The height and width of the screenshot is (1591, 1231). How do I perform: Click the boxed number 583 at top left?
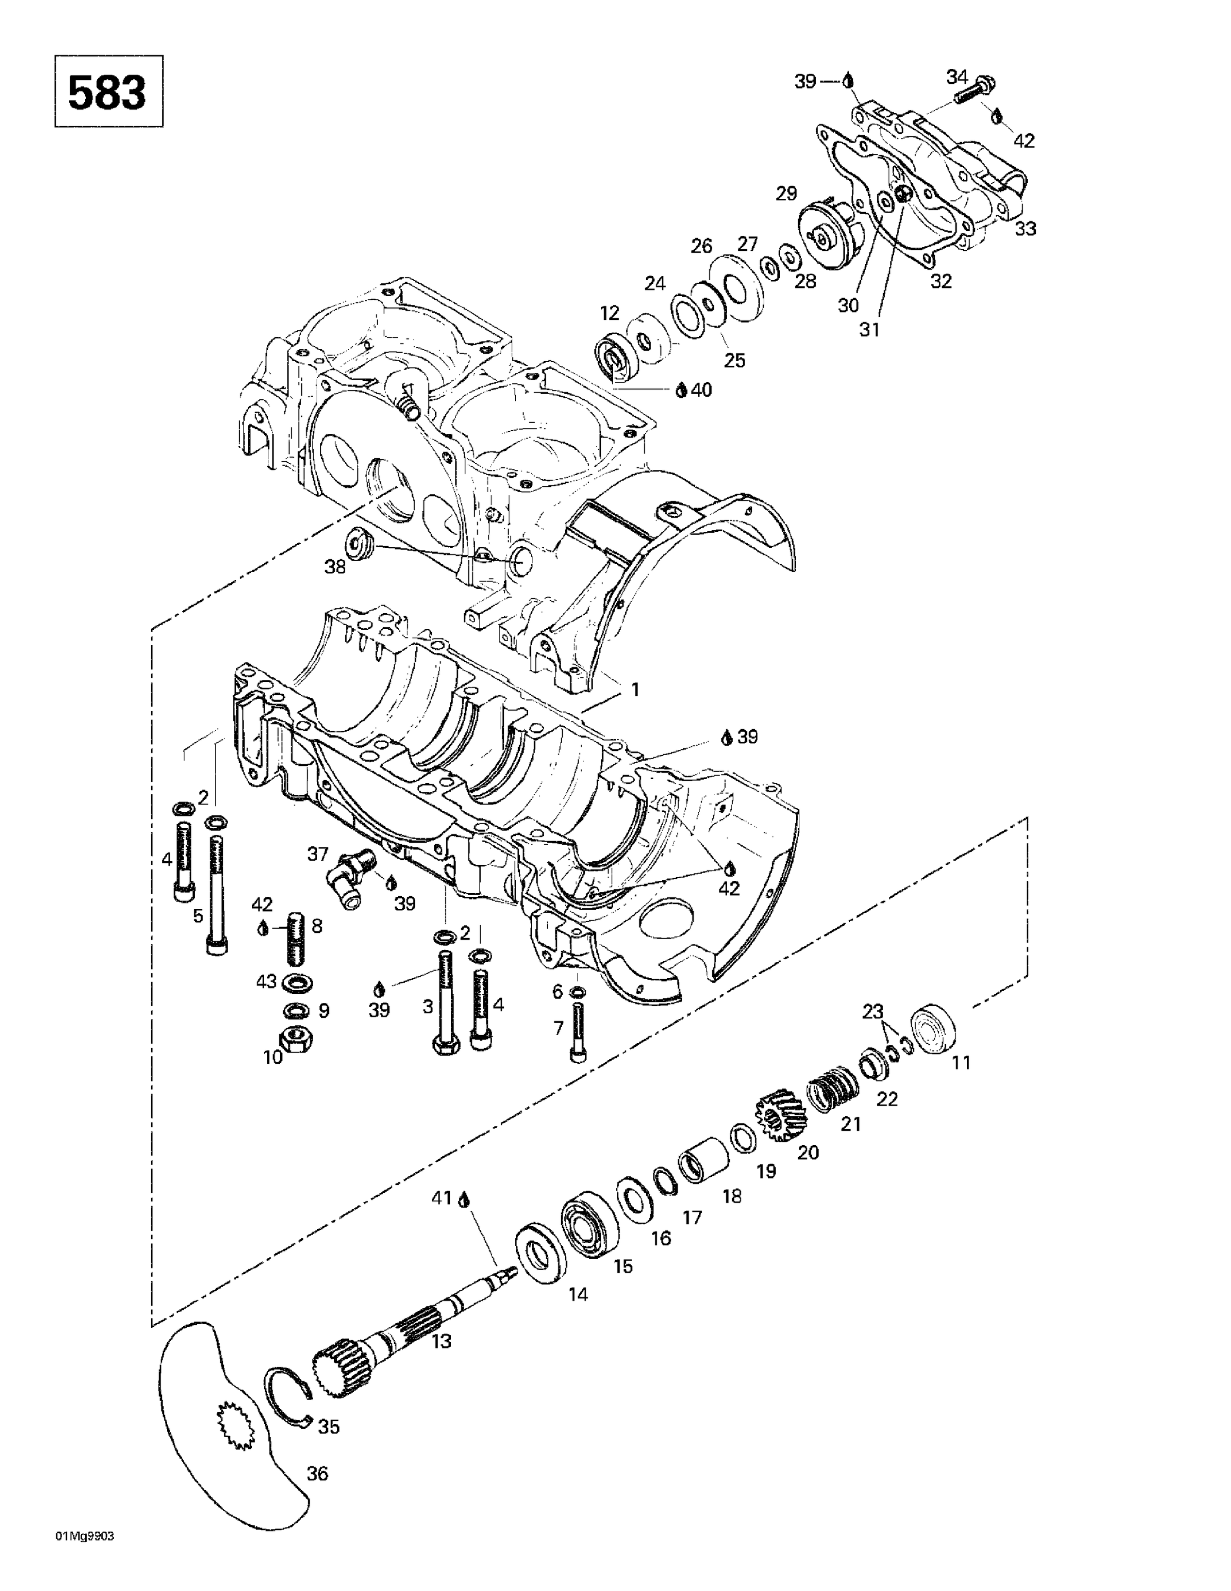point(108,92)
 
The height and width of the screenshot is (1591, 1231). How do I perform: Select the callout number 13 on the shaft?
point(441,1340)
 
